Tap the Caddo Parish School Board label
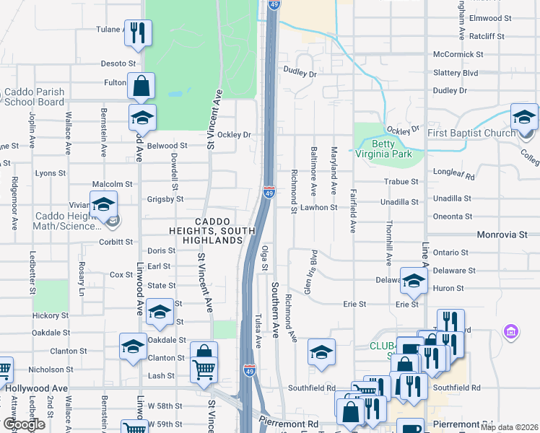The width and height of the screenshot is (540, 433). point(34,97)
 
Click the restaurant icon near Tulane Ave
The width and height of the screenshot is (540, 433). point(137,32)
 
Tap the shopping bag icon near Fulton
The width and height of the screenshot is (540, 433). point(141,85)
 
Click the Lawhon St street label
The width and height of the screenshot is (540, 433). point(319,207)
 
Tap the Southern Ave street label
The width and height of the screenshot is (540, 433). point(275,310)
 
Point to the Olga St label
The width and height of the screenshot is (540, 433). point(265,258)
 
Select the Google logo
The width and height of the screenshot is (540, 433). point(24,424)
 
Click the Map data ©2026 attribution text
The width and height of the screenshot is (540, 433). point(508,427)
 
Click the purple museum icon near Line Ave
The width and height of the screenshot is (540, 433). point(510,332)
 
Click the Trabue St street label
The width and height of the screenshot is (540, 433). point(401,182)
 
